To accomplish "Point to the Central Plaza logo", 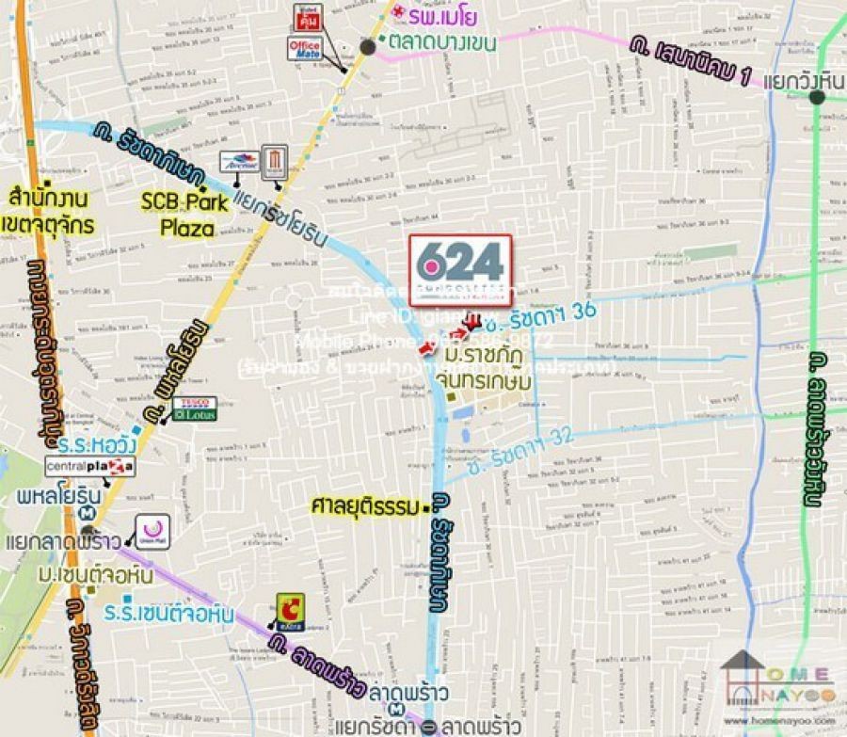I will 90,466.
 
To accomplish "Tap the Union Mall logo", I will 152,530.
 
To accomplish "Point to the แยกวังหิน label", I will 802,79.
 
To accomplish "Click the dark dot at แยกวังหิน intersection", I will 817,97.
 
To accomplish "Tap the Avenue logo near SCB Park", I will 239,162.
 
